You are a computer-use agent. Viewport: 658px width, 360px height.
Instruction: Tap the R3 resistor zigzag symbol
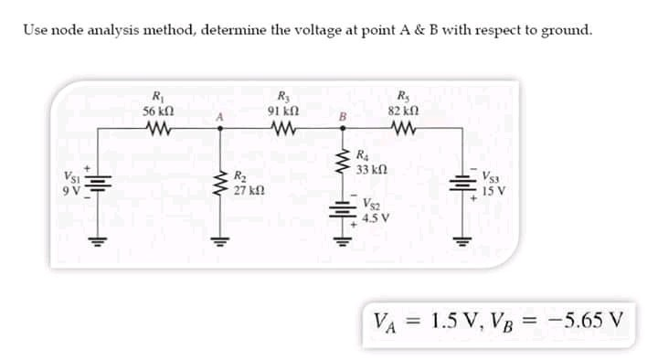(x=279, y=129)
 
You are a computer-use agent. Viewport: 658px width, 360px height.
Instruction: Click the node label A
(x=218, y=118)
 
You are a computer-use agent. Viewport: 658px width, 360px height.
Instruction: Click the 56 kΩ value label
(x=158, y=110)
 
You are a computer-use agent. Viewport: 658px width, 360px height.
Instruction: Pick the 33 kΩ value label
(x=373, y=169)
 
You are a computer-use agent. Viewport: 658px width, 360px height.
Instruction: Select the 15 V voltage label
(x=495, y=192)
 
